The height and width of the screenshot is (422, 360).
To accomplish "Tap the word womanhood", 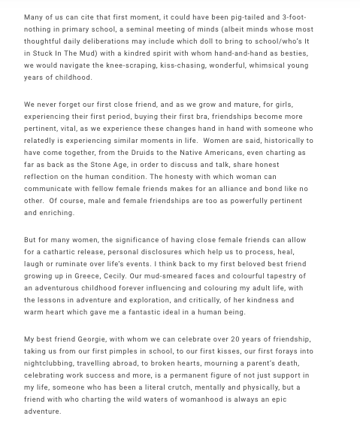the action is [x=205, y=399].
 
